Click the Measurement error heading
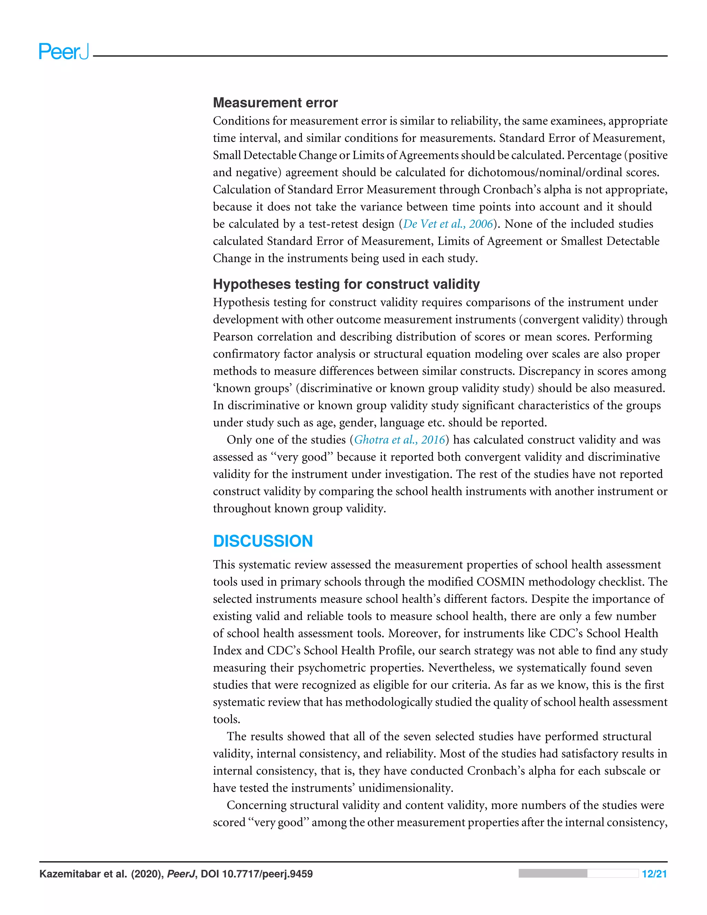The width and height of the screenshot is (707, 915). tap(275, 103)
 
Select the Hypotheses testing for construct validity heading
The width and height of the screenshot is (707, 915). tap(346, 284)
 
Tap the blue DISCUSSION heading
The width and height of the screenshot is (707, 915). tap(263, 541)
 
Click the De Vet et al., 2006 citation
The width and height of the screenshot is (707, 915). tap(448, 224)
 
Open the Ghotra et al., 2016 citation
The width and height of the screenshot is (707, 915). tap(399, 440)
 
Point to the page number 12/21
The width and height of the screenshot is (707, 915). tap(654, 874)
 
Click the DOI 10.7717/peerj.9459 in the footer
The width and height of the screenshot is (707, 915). tap(256, 874)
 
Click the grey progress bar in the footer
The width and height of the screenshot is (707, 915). tap(578, 874)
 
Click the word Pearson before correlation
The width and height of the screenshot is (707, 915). tap(233, 337)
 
